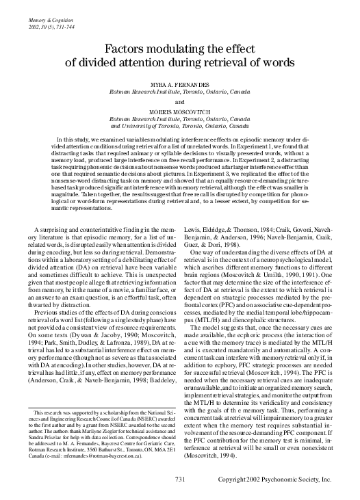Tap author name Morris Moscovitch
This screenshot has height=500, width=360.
click(x=180, y=112)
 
